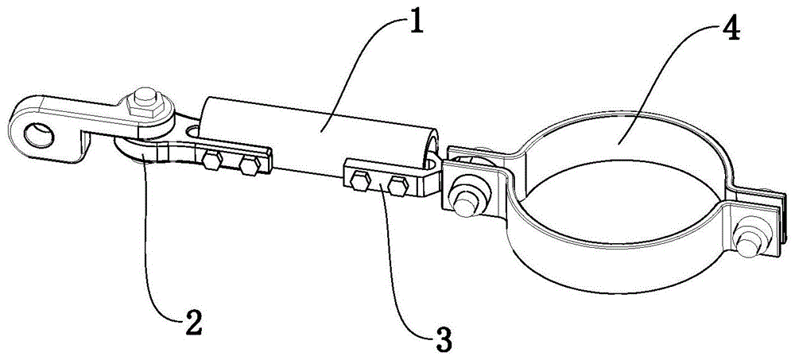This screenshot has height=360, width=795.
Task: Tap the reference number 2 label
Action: [192, 322]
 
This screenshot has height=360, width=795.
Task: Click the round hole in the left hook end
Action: [35, 131]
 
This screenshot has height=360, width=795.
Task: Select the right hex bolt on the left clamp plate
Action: [248, 165]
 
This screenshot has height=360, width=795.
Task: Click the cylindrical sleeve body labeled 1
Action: [318, 127]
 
